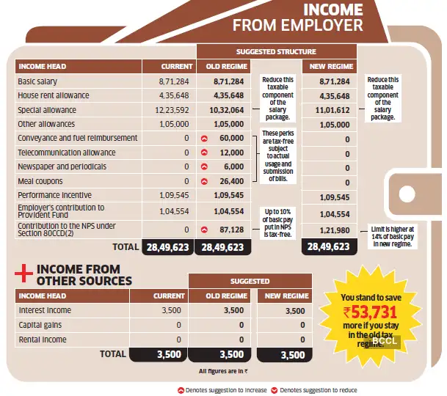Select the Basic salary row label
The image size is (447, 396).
(x=37, y=81)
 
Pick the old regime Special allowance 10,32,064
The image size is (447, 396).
(x=225, y=110)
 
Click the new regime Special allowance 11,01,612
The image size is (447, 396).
(x=328, y=110)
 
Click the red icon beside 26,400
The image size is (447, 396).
(x=205, y=181)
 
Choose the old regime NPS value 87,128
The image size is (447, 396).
(x=230, y=230)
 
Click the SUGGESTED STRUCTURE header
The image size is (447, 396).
(x=276, y=52)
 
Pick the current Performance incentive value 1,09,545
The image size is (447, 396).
(x=172, y=196)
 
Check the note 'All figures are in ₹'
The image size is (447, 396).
(x=223, y=372)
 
